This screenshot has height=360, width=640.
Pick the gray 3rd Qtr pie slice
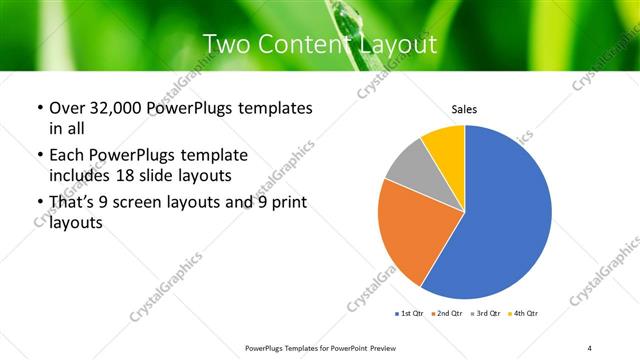(407, 164)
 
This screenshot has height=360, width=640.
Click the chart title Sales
(464, 107)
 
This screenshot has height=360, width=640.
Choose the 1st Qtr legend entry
(410, 314)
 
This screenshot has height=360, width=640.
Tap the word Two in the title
(225, 44)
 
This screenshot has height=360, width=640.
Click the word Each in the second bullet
(68, 156)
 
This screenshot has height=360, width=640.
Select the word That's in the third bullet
(73, 203)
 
